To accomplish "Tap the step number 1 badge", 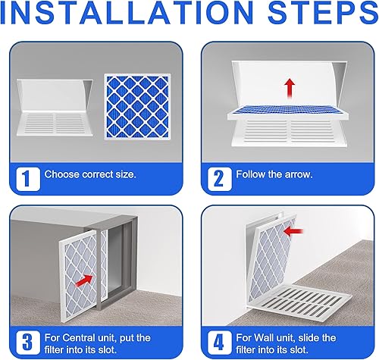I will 25,178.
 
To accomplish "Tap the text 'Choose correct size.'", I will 90,174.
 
